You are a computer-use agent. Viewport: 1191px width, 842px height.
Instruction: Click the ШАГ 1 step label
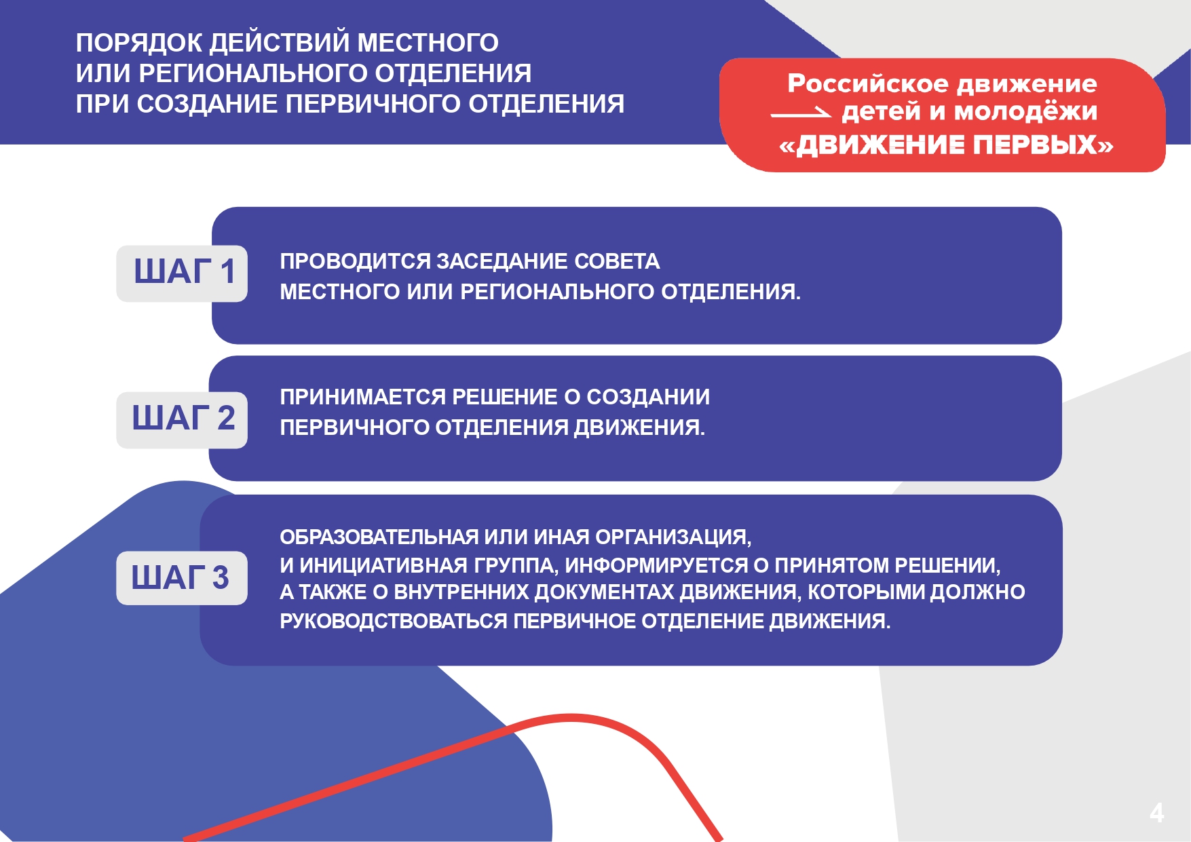click(x=182, y=273)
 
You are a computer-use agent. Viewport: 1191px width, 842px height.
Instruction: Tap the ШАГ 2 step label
click(x=182, y=419)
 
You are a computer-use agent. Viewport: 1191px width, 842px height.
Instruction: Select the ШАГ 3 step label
click(x=182, y=578)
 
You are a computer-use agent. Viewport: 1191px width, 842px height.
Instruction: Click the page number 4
click(x=1156, y=813)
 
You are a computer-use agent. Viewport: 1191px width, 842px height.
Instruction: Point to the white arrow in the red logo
click(x=801, y=113)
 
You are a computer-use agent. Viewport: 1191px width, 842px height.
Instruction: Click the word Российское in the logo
click(x=868, y=83)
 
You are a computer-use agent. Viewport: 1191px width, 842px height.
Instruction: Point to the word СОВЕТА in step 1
click(x=617, y=261)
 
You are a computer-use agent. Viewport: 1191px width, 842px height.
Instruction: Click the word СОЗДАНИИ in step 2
click(x=648, y=397)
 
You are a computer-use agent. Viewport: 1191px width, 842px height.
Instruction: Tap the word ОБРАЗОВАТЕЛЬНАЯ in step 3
click(x=379, y=537)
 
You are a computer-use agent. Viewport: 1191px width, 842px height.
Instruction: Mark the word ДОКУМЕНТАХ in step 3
click(x=605, y=592)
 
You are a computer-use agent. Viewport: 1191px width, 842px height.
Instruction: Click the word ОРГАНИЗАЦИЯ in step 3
click(x=673, y=537)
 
